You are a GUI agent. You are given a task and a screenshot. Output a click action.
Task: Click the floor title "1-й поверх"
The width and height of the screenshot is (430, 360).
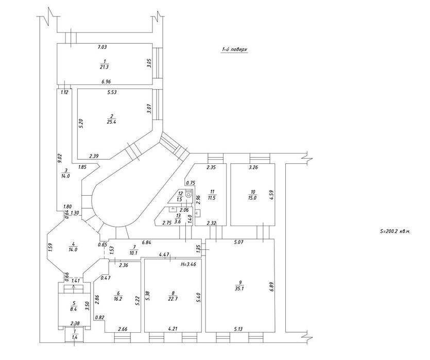coord(234,50)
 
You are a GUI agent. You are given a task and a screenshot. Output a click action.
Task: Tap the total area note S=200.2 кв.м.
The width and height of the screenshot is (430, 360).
coord(394,232)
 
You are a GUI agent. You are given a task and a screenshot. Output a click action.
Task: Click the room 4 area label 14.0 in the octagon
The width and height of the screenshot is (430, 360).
coord(73,250)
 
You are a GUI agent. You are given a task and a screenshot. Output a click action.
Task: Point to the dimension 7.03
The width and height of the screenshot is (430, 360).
coord(102,47)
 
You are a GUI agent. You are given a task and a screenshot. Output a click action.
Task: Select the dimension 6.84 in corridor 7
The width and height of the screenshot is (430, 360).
coord(146,243)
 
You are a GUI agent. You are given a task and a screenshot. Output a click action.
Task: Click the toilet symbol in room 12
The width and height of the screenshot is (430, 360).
coord(190,195)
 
